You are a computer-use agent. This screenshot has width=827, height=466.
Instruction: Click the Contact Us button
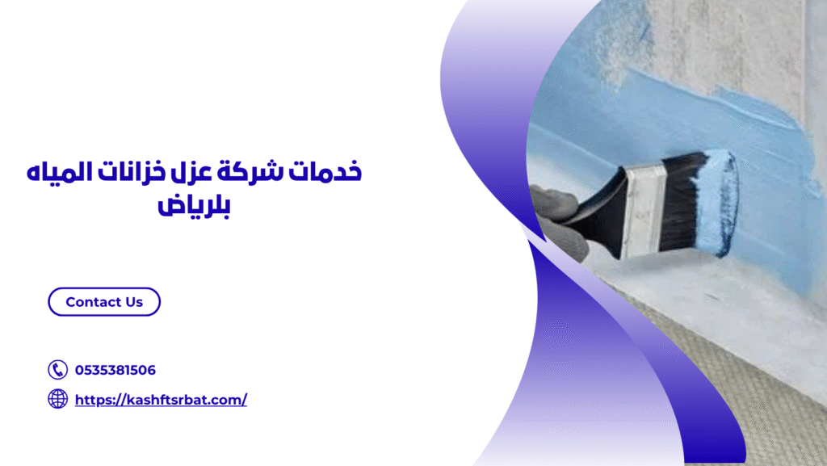coord(104,301)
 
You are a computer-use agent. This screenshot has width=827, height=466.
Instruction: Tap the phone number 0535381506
coord(115,370)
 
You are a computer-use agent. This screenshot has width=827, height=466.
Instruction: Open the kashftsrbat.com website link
coord(161,400)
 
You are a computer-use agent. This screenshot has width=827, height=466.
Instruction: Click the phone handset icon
coord(57,370)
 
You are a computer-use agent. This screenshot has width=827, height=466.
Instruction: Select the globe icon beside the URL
coord(57,399)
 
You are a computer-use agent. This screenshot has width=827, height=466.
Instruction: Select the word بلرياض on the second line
coord(194,205)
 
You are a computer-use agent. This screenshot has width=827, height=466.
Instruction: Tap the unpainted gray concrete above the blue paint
coord(728,42)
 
